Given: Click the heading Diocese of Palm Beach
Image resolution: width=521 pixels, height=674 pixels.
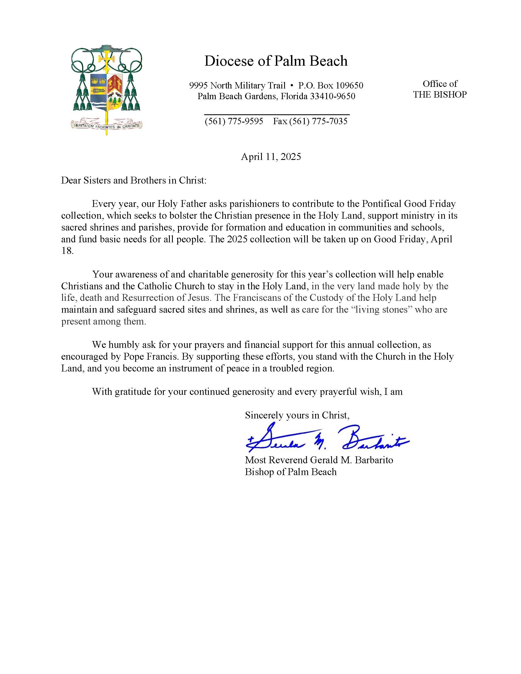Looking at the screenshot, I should point(276,61).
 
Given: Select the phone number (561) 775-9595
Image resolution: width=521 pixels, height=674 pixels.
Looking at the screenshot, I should point(234,121).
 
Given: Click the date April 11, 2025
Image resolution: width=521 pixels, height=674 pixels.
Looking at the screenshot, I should point(271,157).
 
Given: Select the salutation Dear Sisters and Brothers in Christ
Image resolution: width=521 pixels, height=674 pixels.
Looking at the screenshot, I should point(133,180).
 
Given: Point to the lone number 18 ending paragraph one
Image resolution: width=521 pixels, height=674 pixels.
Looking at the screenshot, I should point(67,251).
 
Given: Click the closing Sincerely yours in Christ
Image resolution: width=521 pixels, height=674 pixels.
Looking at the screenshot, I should point(297,415).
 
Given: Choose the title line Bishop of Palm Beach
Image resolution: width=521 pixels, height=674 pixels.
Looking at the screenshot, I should point(290,472).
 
